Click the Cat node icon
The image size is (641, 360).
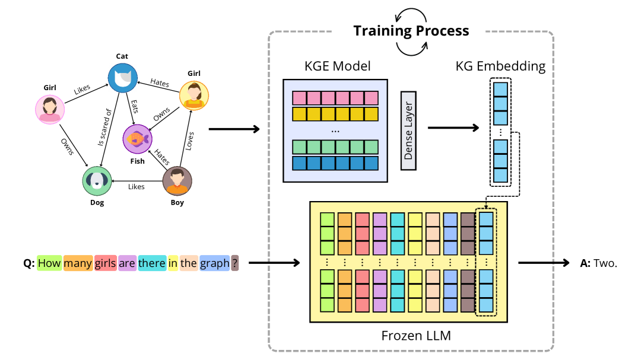(x=122, y=78)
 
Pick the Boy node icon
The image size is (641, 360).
(x=177, y=181)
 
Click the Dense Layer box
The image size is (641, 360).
(x=409, y=130)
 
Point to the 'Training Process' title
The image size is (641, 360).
(x=411, y=31)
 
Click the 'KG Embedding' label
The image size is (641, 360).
(x=500, y=66)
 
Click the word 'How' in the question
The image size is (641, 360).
(x=50, y=263)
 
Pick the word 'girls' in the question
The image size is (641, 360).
(x=105, y=263)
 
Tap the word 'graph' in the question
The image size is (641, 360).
(x=214, y=263)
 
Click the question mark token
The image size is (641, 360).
(x=235, y=263)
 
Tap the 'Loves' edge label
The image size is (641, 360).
(x=189, y=141)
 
